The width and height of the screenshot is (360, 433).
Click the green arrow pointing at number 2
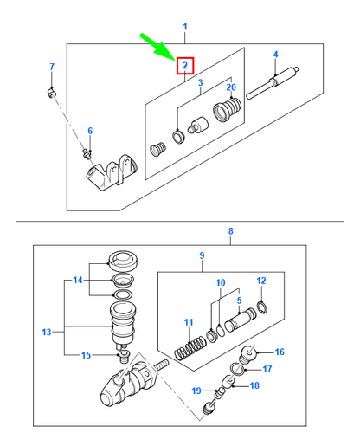pos(157,47)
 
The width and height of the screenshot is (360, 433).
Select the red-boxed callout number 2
pos(185,66)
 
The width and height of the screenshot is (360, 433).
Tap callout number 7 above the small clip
pos(52,67)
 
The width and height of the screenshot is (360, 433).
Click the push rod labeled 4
pos(273,83)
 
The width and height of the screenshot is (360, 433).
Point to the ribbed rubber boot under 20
pos(228,110)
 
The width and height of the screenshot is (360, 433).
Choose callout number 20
pos(231,87)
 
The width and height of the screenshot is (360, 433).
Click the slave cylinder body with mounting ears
pos(112,172)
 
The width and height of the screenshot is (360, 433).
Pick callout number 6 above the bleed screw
pos(90,131)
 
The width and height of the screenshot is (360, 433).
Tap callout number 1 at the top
pos(185,27)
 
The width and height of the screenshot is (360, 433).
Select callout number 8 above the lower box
pos(231,231)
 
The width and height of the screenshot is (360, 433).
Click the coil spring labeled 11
pos(190,348)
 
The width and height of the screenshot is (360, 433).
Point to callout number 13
pos(47,333)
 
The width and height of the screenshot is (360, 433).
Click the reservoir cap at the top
pos(123,261)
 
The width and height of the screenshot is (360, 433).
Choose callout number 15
pos(86,355)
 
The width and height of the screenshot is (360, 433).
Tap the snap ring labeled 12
pos(261,307)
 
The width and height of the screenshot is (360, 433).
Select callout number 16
pos(280,352)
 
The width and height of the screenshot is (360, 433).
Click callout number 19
pos(196,391)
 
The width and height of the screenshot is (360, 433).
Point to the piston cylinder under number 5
pos(241,320)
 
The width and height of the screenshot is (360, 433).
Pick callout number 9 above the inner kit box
pos(202,255)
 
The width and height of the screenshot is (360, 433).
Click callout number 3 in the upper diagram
pos(201,83)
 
